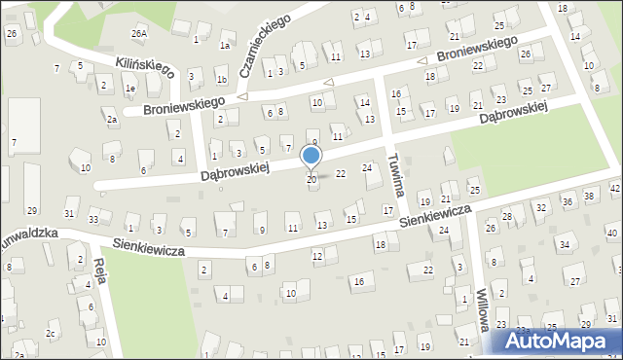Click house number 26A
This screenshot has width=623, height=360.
[x=140, y=33]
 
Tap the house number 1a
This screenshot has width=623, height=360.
[x=225, y=45]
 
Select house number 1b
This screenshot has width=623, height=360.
[x=221, y=80]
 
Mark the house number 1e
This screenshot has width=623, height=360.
[x=129, y=88]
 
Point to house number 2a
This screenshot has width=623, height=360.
[x=112, y=120]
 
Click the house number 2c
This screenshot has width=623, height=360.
[x=50, y=334]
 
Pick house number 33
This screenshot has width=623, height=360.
[x=93, y=220]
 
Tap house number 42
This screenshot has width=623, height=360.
[x=615, y=187]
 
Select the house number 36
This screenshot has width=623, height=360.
[x=568, y=202]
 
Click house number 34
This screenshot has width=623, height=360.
[x=564, y=243]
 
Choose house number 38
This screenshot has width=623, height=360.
[x=589, y=197]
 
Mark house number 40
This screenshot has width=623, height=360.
[x=611, y=234]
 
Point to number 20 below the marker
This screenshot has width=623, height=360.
[x=311, y=180]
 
